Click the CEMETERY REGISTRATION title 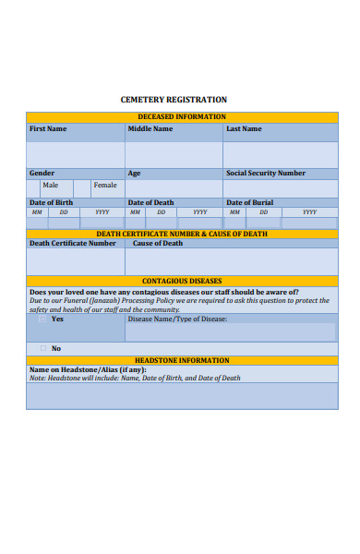coord(174,99)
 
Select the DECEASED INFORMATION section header coord(182,117)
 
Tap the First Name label coord(48,129)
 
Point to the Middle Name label coord(150,129)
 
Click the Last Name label coord(244,129)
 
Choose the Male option coord(50,186)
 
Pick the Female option coord(105,186)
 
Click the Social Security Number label coord(266,173)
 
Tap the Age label coord(134,173)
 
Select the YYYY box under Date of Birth coord(102,212)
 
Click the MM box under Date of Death coord(135,212)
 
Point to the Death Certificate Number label coord(73,244)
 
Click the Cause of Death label coord(158,244)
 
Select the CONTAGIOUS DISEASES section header coord(182,281)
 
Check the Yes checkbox coord(42,319)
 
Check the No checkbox coord(42,348)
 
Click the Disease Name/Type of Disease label coord(177,319)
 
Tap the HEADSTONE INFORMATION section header coord(182,360)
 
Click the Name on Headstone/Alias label coord(88,369)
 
